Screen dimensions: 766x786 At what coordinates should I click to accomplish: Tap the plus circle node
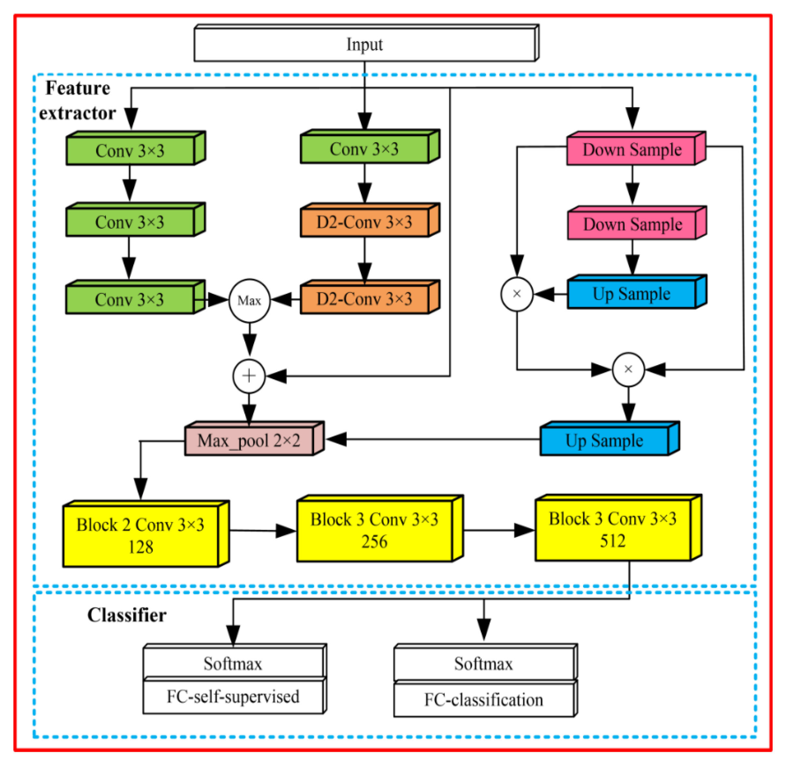[249, 376]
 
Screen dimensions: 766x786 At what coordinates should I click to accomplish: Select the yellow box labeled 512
[612, 530]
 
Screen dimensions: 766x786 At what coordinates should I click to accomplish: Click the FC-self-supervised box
[233, 696]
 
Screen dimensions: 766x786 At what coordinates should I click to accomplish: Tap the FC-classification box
[483, 700]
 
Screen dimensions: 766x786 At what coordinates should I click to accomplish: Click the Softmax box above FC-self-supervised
[233, 663]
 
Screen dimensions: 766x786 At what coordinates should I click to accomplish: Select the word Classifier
[127, 615]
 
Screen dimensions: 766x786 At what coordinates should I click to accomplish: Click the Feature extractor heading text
[77, 100]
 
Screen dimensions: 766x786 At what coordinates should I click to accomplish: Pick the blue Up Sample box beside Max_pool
[605, 441]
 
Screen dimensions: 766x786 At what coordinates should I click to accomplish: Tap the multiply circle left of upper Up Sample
[517, 294]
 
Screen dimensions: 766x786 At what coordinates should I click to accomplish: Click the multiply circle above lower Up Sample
[628, 369]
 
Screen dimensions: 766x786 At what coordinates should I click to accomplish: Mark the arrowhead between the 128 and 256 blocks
[286, 531]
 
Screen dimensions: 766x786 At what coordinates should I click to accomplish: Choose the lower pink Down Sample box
[632, 225]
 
